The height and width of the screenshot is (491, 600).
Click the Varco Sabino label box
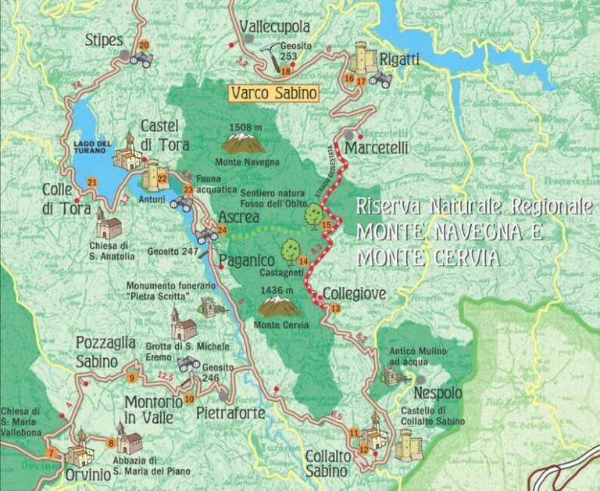pos(274,93)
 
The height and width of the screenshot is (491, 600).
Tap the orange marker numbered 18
pos(286,72)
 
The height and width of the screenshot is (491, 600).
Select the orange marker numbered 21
pos(92,183)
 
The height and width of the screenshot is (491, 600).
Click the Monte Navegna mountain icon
pos(244,143)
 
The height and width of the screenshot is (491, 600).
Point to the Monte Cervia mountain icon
pos(279,306)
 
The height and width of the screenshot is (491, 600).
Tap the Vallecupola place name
pos(275,27)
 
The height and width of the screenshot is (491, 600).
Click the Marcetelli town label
pos(377,147)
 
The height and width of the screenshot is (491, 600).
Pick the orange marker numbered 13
pos(335,309)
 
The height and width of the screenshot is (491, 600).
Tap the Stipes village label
pos(105,38)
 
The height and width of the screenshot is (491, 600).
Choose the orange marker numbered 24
pos(222,230)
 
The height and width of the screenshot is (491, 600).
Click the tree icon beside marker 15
pos(314,214)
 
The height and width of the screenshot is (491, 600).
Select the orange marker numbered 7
pos(52,453)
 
